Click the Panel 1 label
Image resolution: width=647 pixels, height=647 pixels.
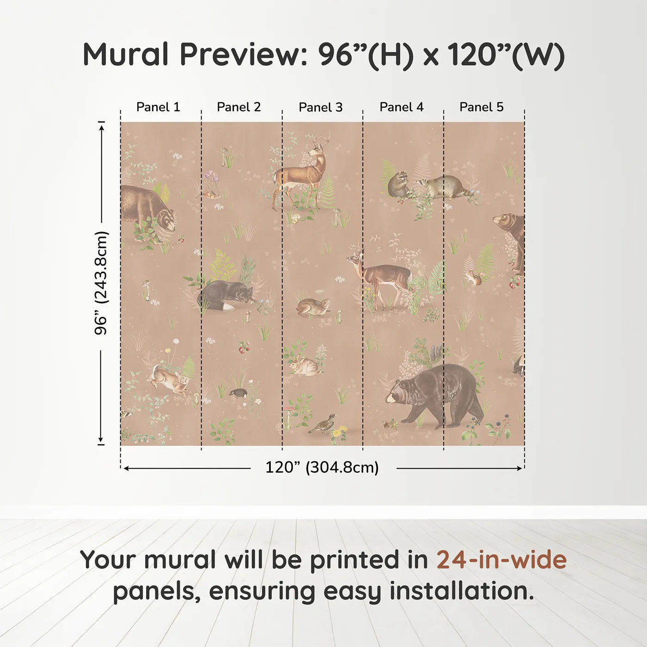pos(158,107)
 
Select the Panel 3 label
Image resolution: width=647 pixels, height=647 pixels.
pos(320,108)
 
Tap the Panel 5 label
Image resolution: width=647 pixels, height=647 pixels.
pos(481,107)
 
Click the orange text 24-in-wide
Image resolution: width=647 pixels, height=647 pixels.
pos(501,560)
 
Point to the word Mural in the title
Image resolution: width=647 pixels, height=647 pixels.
pos(126,55)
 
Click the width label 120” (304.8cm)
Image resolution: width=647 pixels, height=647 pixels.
pos(322,468)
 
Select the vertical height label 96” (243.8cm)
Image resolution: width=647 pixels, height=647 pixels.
pos(101,283)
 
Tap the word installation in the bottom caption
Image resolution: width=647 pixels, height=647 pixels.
pos(461,591)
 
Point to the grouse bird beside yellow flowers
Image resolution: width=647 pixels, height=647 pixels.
pos(322,423)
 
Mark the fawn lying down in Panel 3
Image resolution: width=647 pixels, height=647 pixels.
pos(313,307)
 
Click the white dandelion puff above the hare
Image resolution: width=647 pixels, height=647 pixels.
pos(176,342)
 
